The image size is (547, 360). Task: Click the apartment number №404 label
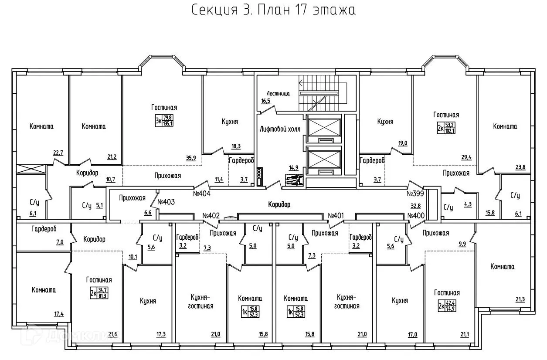(x=202, y=193)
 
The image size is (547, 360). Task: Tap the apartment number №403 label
(x=166, y=202)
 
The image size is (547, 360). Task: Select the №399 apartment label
(x=416, y=193)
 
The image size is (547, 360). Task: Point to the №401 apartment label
(x=336, y=215)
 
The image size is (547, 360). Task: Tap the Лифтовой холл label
(x=277, y=129)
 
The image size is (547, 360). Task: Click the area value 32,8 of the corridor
(x=415, y=207)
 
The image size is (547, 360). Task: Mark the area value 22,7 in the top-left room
(x=58, y=153)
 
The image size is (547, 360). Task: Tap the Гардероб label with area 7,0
(x=44, y=229)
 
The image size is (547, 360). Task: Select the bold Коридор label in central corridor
(x=279, y=204)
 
